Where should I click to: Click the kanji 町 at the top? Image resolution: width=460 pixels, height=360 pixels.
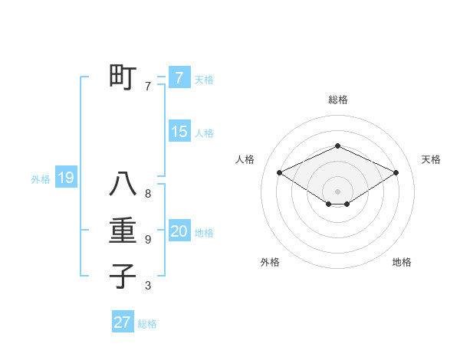point(123,77)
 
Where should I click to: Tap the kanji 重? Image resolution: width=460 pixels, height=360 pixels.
point(123,231)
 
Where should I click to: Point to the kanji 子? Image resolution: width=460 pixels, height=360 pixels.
point(123,276)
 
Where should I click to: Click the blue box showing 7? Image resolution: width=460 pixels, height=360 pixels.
point(179,77)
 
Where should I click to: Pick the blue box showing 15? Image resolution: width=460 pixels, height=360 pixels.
point(179,131)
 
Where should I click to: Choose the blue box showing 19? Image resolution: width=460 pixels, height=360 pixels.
point(65,178)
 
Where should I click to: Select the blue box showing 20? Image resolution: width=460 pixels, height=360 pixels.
point(179,231)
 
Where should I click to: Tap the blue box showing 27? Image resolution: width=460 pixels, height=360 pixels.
point(122,322)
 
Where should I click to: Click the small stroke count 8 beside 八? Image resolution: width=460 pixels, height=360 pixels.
point(148,195)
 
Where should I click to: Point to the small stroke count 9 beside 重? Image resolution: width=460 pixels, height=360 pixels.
point(148,240)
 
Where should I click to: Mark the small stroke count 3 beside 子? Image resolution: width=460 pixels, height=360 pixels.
point(148,286)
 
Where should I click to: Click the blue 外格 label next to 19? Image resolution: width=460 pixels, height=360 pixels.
point(41,179)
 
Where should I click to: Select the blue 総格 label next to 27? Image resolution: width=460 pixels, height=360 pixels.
point(147,324)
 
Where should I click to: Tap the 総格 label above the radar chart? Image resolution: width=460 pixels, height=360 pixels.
point(337,100)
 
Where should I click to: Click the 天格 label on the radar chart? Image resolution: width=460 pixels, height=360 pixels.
point(431,159)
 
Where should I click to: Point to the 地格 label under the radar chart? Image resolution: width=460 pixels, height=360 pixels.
point(402,262)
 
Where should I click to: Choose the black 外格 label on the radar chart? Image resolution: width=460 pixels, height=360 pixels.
point(270,262)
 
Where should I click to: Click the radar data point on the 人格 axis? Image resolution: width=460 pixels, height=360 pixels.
point(279,172)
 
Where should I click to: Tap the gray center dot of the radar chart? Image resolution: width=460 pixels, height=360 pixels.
point(337,190)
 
